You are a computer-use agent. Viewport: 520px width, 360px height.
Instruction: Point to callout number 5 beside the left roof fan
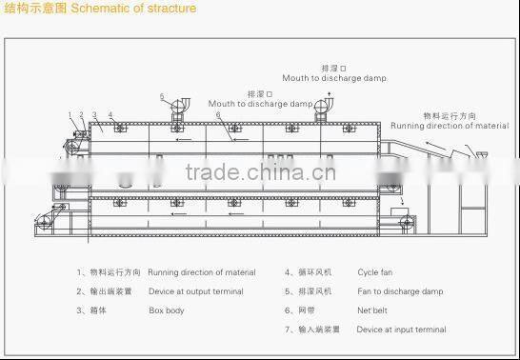pos(162,96)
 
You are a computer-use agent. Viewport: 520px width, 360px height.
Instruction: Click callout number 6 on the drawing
pos(217,114)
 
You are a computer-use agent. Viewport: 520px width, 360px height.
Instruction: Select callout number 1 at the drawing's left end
pos(70,115)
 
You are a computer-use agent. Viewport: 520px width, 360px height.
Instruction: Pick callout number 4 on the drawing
pos(110,115)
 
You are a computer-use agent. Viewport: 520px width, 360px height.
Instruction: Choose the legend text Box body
pos(167,310)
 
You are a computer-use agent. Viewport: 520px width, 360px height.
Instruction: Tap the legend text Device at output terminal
pos(195,291)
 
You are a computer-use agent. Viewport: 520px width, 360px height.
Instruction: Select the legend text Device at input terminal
pos(401,330)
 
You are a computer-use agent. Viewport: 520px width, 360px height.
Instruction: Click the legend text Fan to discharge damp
pos(400,291)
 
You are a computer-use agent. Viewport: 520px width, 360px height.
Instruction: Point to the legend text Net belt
pos(373,310)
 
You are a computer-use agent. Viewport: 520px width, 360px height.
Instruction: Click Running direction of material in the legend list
pos(202,272)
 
